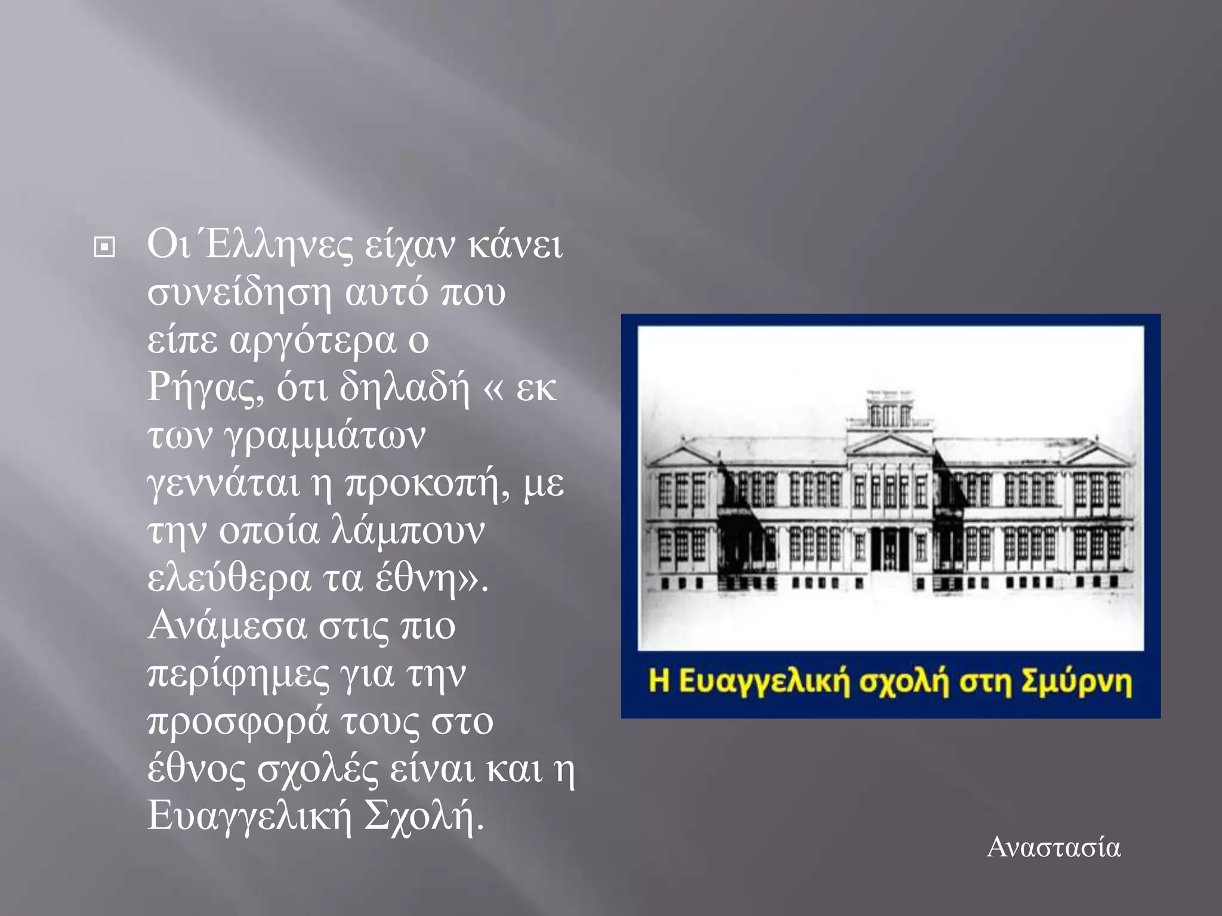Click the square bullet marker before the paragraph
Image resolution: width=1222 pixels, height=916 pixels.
pyautogui.click(x=104, y=247)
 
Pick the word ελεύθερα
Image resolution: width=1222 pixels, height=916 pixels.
pyautogui.click(x=229, y=578)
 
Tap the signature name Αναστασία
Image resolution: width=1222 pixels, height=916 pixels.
pyautogui.click(x=1054, y=847)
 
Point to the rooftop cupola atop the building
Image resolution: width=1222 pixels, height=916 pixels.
pyautogui.click(x=890, y=409)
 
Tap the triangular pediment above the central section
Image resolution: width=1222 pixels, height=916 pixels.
pyautogui.click(x=889, y=444)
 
